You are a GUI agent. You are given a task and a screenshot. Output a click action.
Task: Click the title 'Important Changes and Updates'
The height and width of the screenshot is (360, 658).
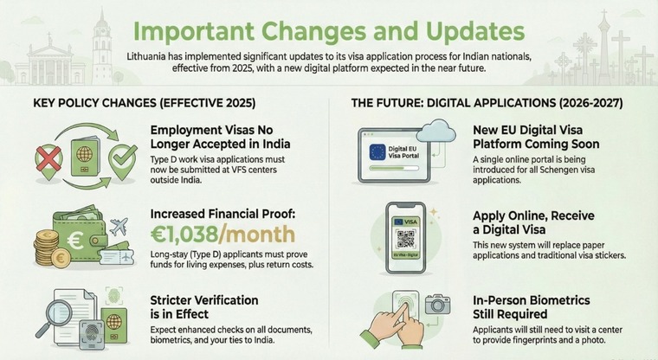328,31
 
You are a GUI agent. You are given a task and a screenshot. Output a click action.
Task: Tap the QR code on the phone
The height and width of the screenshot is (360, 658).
402,239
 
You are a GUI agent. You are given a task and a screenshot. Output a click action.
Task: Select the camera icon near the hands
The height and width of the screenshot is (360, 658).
435,304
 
